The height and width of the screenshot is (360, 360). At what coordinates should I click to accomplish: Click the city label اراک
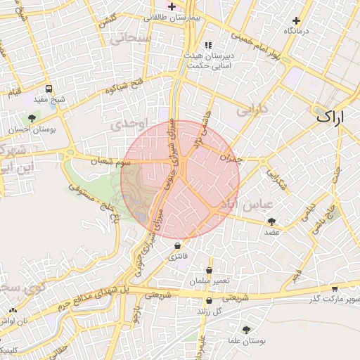coord(331,117)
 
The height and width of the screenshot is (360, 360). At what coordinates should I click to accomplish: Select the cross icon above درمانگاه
coord(297,21)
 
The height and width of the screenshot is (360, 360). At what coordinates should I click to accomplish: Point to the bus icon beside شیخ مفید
coord(49,89)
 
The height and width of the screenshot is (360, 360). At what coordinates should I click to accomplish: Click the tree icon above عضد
coord(272,221)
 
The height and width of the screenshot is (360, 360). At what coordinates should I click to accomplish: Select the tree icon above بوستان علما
coord(245,330)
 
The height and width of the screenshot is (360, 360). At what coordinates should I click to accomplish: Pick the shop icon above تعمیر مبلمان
coord(209,271)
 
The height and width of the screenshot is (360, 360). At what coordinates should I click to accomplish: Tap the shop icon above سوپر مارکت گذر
coord(334,290)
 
